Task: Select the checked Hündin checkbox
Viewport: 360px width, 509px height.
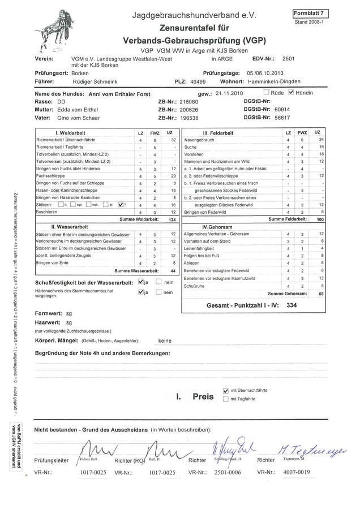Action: tap(291, 92)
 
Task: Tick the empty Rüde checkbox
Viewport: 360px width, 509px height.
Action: tap(267, 92)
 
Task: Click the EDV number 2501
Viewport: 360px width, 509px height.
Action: tap(288, 58)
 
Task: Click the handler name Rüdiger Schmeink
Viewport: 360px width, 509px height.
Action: tap(93, 83)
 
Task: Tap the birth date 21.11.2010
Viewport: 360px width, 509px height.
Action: tap(229, 93)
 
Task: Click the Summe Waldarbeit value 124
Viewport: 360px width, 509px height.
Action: tap(172, 219)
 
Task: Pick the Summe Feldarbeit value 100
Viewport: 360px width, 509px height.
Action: tap(319, 219)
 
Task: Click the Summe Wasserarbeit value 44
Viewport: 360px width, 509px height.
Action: tap(172, 271)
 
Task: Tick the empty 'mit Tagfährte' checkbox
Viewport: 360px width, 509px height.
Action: tap(226, 399)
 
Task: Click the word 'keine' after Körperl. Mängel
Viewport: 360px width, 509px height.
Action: tap(165, 341)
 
